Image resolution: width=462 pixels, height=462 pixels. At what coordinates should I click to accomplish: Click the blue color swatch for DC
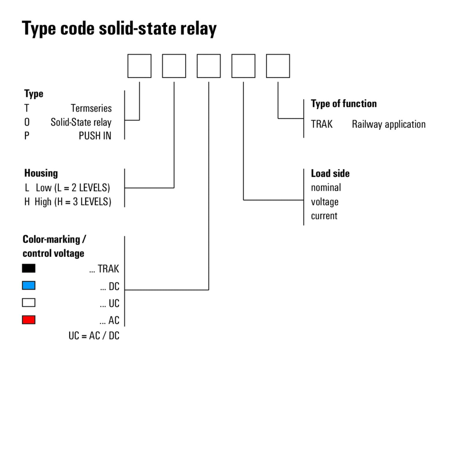(29, 285)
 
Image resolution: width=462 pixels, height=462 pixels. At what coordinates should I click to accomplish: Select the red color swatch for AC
(29, 320)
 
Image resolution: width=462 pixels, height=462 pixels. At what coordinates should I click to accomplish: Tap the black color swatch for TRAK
(29, 268)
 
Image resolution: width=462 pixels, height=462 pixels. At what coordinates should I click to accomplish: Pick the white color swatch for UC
(29, 303)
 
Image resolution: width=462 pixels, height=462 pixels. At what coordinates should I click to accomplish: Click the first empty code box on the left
(139, 66)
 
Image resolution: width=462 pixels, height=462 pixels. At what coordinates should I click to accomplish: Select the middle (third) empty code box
(209, 66)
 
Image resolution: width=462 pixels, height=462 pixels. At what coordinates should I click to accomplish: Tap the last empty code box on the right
(278, 66)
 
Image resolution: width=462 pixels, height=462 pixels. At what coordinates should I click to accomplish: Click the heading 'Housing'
(41, 173)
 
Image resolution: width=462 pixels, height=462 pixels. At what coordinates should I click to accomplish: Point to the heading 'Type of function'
(344, 104)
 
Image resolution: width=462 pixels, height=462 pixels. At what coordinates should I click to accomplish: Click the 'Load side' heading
(330, 173)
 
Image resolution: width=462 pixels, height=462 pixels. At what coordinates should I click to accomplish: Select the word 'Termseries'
(91, 108)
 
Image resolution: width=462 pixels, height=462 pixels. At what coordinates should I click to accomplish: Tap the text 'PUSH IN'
(95, 136)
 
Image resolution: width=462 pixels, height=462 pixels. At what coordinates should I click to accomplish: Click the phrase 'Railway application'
(389, 124)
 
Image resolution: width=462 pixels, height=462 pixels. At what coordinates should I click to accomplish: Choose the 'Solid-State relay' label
(81, 122)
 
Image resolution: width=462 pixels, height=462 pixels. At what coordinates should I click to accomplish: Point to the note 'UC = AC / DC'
(94, 336)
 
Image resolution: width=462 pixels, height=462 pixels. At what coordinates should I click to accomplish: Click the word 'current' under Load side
(324, 216)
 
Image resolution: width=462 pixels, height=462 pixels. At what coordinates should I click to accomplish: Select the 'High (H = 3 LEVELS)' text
(73, 202)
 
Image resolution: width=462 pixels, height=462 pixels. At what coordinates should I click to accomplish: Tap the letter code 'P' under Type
(27, 136)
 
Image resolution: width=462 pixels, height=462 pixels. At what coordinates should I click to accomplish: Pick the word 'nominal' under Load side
(326, 188)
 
